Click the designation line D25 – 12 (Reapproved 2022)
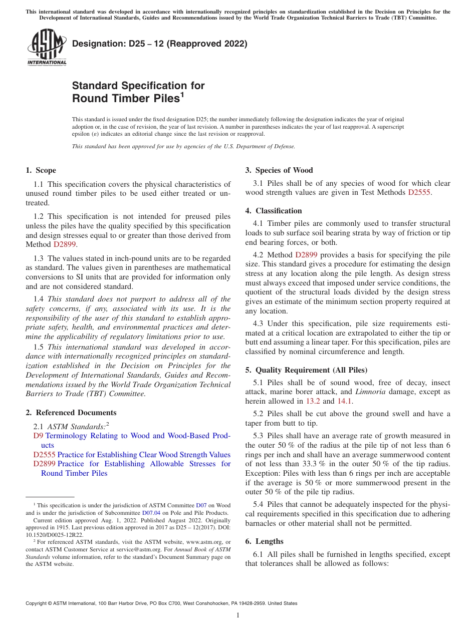159,44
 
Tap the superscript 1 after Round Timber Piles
182,94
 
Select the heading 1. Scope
41,170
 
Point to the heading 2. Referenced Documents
71,413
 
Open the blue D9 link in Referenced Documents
38,436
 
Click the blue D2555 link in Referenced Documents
44,455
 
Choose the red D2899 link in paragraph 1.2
65,244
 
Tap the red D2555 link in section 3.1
419,192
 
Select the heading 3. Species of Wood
279,170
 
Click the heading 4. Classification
273,211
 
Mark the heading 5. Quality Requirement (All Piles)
306,370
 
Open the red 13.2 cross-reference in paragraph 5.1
313,401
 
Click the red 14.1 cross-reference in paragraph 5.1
345,401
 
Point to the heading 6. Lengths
264,541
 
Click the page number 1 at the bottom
238,615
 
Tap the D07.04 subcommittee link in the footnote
150,513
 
